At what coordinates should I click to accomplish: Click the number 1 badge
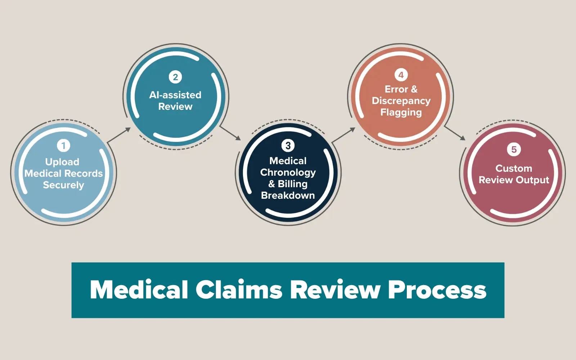click(63, 146)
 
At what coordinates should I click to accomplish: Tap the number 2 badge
click(175, 77)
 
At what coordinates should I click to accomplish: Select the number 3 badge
click(288, 145)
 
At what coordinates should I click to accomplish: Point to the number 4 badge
click(401, 75)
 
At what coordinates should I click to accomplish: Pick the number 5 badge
click(514, 149)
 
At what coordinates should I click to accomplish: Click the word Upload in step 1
click(62, 162)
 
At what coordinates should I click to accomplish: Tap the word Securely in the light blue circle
click(63, 185)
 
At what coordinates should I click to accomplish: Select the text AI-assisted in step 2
click(175, 95)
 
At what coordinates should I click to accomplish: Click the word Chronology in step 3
click(288, 172)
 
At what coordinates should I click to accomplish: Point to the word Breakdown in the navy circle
click(288, 195)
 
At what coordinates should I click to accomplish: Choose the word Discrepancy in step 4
click(401, 101)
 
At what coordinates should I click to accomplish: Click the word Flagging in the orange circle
click(401, 112)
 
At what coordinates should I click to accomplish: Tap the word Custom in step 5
click(514, 168)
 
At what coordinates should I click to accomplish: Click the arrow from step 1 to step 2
click(119, 135)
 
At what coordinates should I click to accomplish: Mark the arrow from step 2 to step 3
click(230, 133)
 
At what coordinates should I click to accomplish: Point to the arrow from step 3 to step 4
click(343, 135)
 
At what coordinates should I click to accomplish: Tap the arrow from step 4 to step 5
click(455, 133)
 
